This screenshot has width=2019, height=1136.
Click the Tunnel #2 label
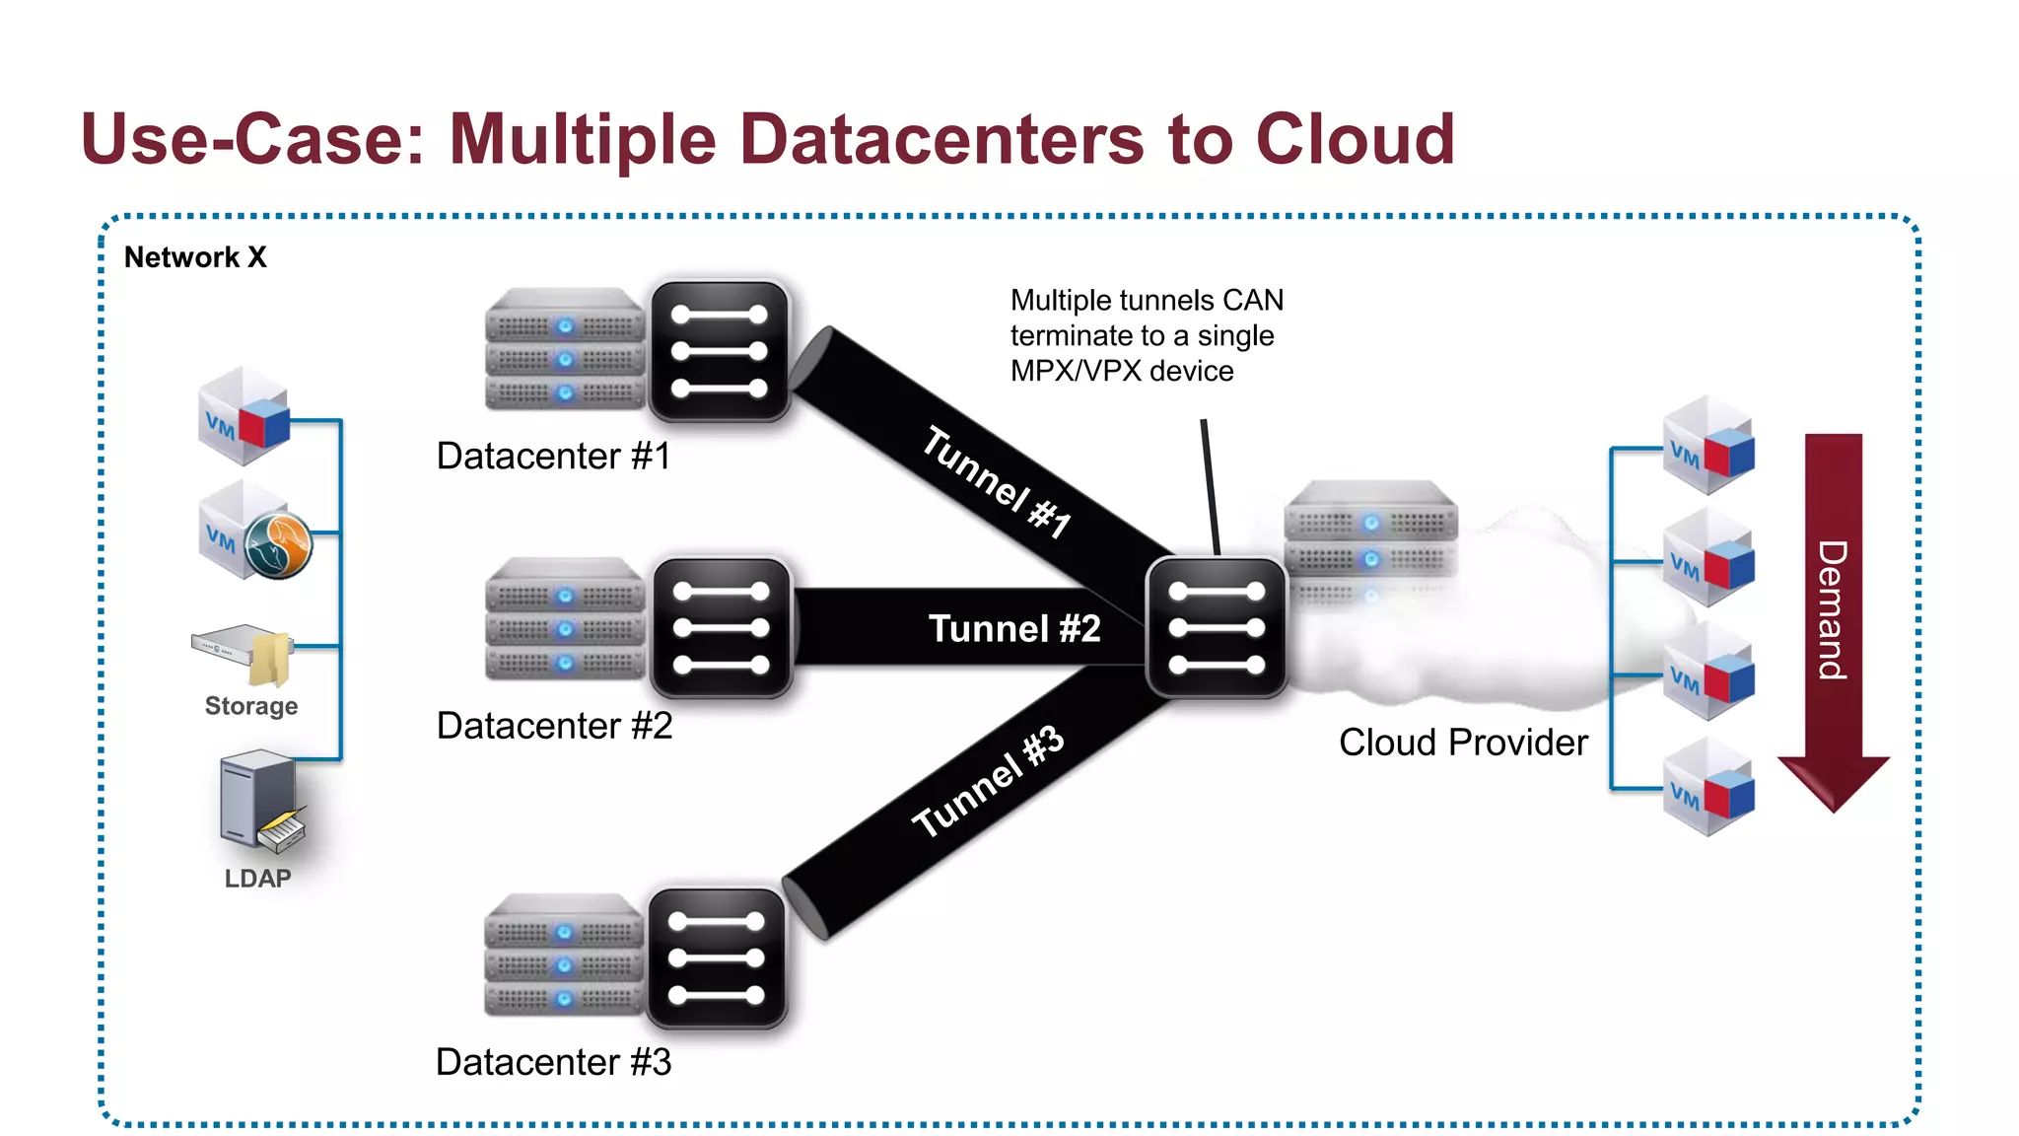pyautogui.click(x=1013, y=628)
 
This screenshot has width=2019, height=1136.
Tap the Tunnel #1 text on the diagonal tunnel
pyautogui.click(x=996, y=482)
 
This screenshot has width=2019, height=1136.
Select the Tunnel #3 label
pyautogui.click(x=987, y=781)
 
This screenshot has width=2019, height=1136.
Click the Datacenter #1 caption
pyautogui.click(x=553, y=456)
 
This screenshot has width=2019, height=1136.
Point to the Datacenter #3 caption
pyautogui.click(x=553, y=1062)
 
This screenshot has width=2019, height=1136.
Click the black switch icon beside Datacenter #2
pyautogui.click(x=721, y=628)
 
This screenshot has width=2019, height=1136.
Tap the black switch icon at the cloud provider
pyautogui.click(x=1216, y=628)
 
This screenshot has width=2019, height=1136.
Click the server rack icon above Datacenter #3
pyautogui.click(x=564, y=955)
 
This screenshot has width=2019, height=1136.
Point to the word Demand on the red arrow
pyautogui.click(x=1832, y=609)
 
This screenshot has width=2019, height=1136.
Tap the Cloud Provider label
pyautogui.click(x=1463, y=743)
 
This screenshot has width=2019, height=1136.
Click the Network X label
pyautogui.click(x=195, y=257)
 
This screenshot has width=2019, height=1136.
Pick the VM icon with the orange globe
pyautogui.click(x=254, y=532)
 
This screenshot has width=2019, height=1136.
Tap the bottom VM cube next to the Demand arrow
pyautogui.click(x=1707, y=789)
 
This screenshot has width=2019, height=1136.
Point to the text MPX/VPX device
pyautogui.click(x=1122, y=371)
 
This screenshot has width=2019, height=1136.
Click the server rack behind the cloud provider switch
pyautogui.click(x=1370, y=523)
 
